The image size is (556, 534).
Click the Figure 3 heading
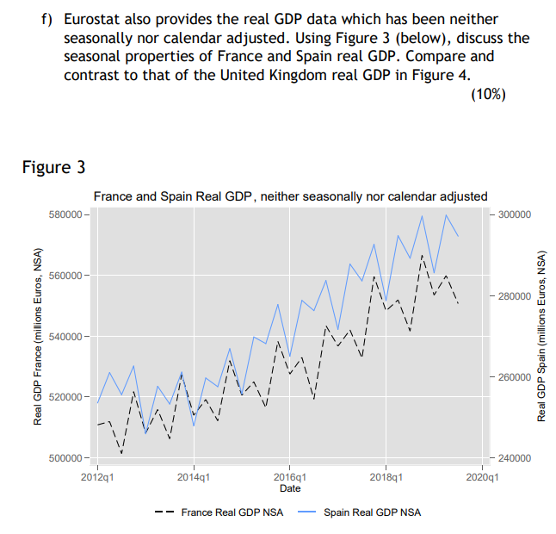pyautogui.click(x=53, y=166)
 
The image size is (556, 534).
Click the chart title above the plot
pyautogui.click(x=290, y=196)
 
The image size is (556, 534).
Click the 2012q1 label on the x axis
pyautogui.click(x=97, y=476)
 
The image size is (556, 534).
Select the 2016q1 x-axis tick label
pyautogui.click(x=290, y=476)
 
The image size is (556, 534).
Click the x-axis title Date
pyautogui.click(x=290, y=488)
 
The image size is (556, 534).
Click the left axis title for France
pyautogui.click(x=38, y=336)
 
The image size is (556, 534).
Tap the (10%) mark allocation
pyautogui.click(x=488, y=94)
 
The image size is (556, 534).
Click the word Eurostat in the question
pyautogui.click(x=92, y=18)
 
